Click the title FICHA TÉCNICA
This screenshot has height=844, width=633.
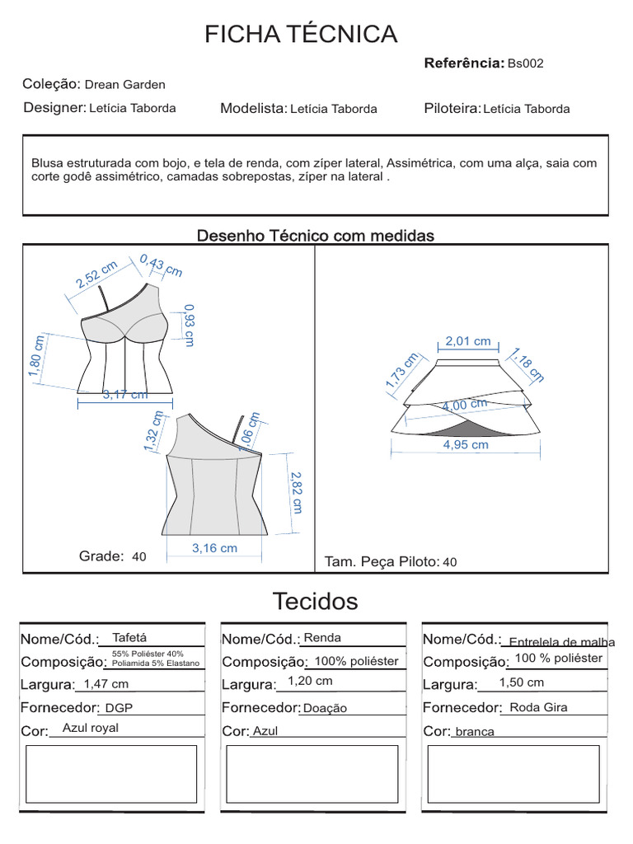[x=301, y=35]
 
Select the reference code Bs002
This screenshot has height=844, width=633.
[x=525, y=63]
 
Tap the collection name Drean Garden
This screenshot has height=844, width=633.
[x=125, y=84]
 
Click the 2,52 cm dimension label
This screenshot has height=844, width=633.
[x=96, y=273]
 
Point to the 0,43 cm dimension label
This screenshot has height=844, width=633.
[x=162, y=265]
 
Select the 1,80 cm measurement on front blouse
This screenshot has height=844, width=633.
[x=35, y=356]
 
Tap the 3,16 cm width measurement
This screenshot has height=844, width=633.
[x=214, y=548]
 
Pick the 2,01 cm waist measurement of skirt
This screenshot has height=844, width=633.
[x=467, y=341]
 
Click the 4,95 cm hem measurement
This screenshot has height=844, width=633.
[x=466, y=445]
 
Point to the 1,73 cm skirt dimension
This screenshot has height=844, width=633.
[x=402, y=371]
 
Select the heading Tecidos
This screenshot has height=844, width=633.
[x=316, y=602]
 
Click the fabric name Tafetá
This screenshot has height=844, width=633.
[x=129, y=637]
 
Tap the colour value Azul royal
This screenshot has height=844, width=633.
[x=91, y=728]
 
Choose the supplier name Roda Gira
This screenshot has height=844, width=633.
[x=538, y=707]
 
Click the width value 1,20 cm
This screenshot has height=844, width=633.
[x=310, y=681]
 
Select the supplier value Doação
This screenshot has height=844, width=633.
[x=325, y=708]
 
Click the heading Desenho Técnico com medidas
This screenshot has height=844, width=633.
[x=315, y=236]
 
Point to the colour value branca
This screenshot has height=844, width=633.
[x=474, y=732]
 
